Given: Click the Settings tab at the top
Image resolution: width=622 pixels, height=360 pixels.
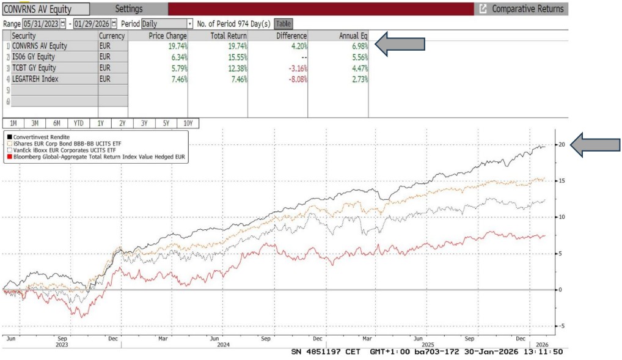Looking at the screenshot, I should tap(128, 9).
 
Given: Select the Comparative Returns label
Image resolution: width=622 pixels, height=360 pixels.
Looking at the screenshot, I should tap(527, 9).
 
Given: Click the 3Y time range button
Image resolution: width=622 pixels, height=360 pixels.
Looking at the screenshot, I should tap(144, 123).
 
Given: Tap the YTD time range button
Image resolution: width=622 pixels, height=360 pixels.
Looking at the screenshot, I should tap(78, 123).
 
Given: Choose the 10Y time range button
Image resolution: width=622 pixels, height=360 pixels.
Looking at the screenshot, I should tap(188, 123).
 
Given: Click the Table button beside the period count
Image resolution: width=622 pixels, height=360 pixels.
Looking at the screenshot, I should tap(284, 24).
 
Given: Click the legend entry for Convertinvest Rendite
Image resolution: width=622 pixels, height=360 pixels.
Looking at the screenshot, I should tap(40, 136).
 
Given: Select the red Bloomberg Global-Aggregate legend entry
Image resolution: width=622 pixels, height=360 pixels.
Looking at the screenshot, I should tap(98, 158).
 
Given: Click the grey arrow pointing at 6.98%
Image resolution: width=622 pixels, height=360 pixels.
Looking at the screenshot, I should tap(400, 45).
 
